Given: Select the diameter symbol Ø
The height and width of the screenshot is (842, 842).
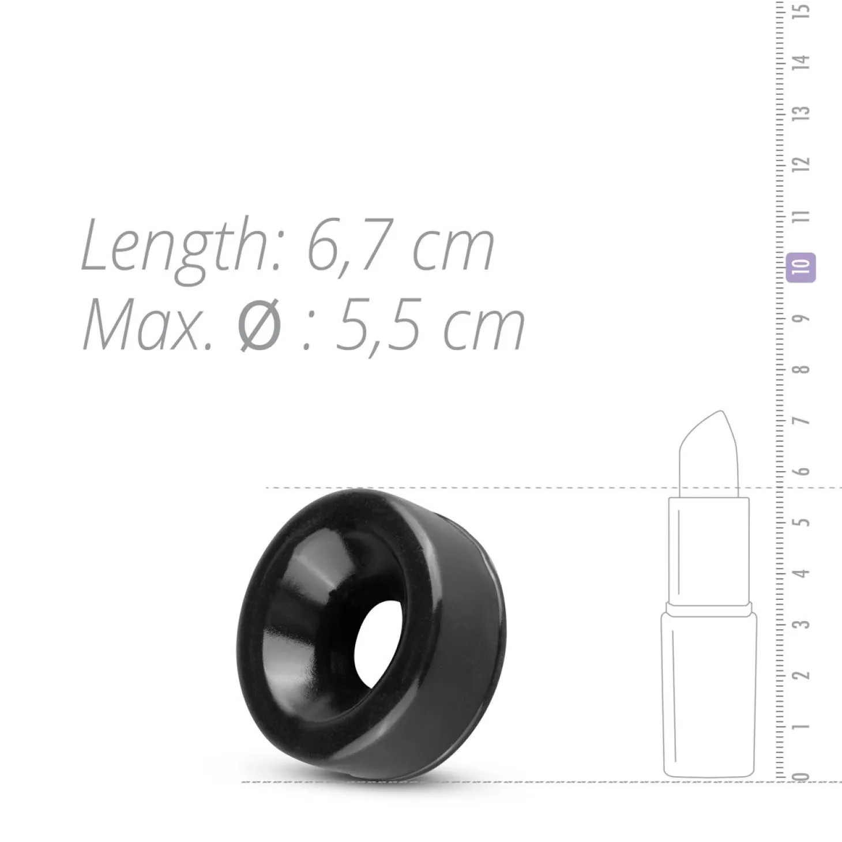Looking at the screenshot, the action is [261, 325].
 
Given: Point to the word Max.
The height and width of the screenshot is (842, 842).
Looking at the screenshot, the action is [147, 325].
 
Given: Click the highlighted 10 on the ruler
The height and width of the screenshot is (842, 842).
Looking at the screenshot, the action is [800, 267].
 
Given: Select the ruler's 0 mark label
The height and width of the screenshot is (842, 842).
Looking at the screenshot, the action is [802, 776].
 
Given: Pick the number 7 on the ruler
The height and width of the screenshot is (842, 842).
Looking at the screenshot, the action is [802, 421].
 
